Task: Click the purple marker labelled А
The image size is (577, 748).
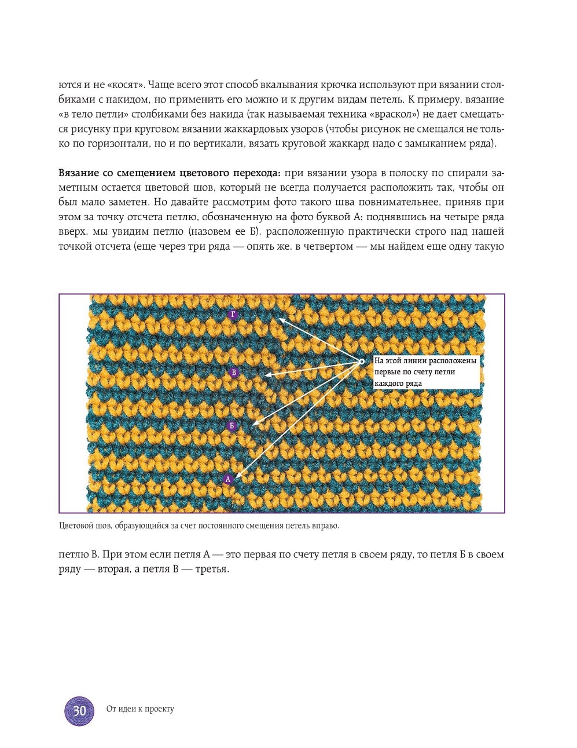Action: [x=228, y=480]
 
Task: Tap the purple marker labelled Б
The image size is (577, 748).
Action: [x=231, y=426]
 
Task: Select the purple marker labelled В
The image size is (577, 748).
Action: [x=234, y=372]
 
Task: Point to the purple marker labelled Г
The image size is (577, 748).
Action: [x=233, y=315]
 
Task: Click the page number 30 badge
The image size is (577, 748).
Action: [x=79, y=711]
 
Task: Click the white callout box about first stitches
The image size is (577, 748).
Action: [x=426, y=372]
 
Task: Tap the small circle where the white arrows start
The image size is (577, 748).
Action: [x=362, y=361]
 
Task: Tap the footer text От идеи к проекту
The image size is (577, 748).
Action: [x=140, y=709]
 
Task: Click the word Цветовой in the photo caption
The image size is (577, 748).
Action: [x=75, y=526]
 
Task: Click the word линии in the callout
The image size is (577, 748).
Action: [x=411, y=361]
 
